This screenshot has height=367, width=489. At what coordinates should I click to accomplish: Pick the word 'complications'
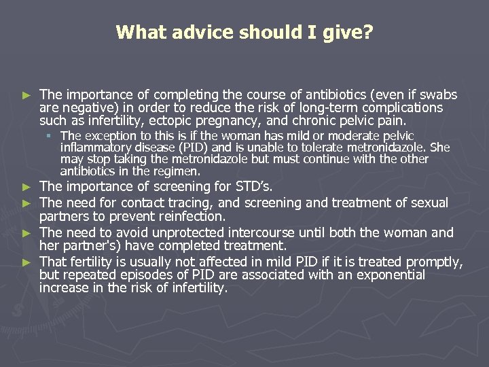tap(403, 107)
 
